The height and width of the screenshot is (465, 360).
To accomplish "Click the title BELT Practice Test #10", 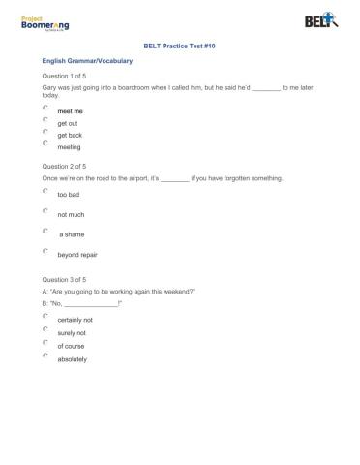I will coord(180,45).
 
